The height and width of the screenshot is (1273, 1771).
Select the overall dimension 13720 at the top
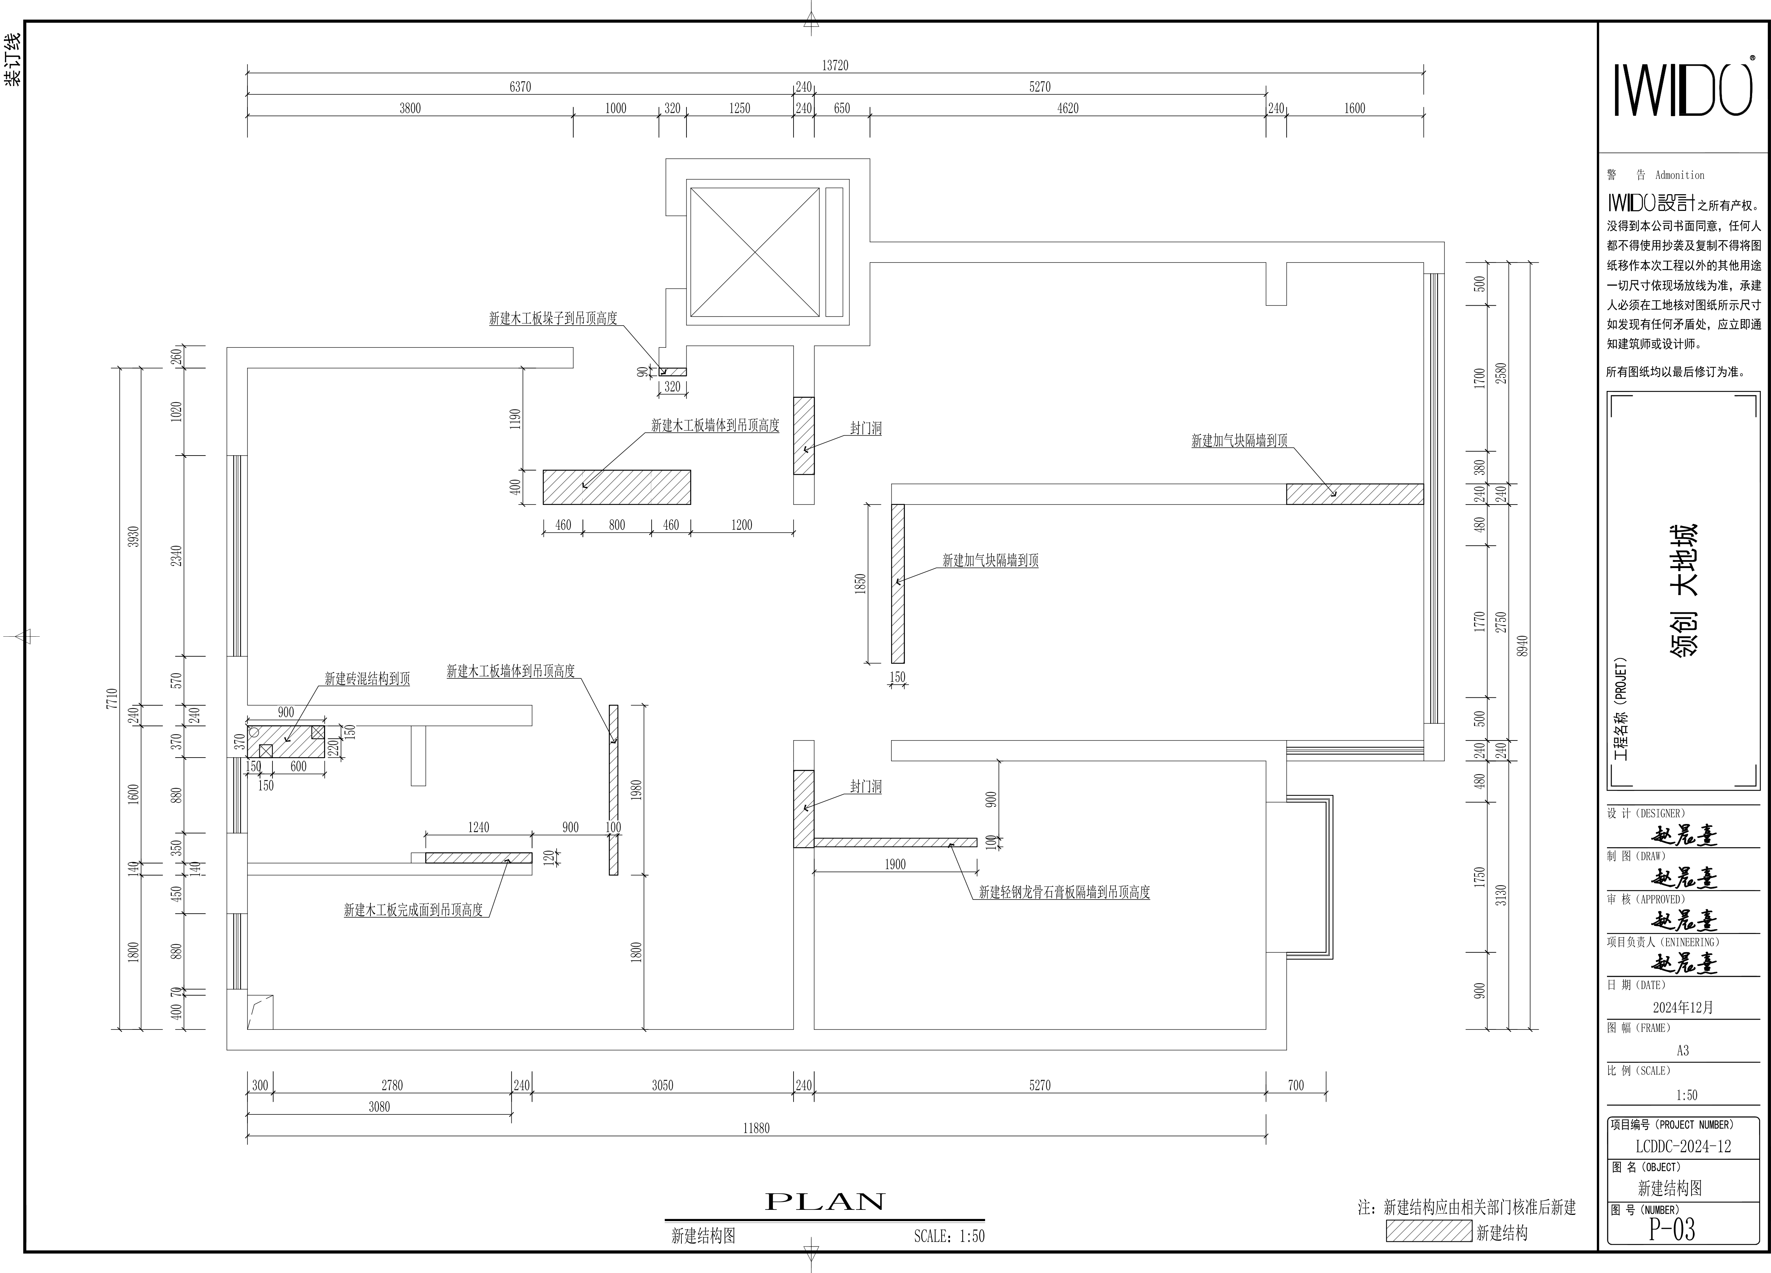(835, 66)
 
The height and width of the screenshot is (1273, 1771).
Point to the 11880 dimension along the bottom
(756, 1128)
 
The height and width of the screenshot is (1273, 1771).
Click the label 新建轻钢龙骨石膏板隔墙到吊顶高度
(1064, 892)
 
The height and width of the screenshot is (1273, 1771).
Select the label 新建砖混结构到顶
(367, 679)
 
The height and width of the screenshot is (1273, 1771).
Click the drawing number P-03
(1672, 1230)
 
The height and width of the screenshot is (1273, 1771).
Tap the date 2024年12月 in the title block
(1683, 1007)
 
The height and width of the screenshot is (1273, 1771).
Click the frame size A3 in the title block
(1683, 1050)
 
